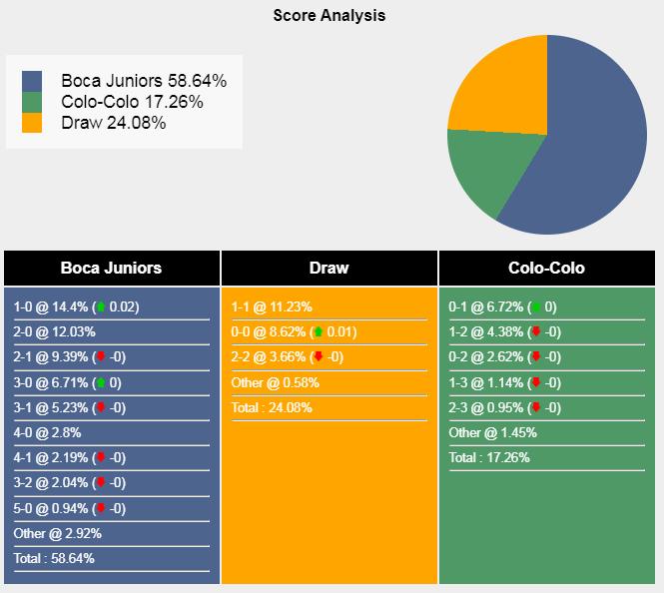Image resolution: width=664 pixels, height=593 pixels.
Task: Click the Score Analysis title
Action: (x=330, y=16)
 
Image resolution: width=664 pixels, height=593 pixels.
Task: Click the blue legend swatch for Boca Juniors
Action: (x=32, y=81)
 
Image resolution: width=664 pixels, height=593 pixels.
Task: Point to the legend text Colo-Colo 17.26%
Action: (x=132, y=102)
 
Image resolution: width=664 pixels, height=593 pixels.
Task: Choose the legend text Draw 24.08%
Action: (x=113, y=123)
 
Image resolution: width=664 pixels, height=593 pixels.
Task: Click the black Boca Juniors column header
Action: (x=111, y=268)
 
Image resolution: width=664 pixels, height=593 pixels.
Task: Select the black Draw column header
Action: (x=330, y=268)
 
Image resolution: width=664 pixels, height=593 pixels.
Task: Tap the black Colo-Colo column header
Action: (x=546, y=268)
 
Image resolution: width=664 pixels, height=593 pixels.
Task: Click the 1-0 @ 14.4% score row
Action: (x=76, y=307)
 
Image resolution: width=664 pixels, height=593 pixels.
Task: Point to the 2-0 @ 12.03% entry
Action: (x=54, y=332)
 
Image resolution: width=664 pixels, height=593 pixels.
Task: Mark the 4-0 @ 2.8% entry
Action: (x=47, y=432)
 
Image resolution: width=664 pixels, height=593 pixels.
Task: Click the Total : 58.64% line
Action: (x=54, y=558)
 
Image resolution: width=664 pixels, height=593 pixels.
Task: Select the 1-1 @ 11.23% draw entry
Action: (x=272, y=307)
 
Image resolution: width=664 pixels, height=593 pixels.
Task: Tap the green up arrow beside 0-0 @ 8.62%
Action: (x=318, y=332)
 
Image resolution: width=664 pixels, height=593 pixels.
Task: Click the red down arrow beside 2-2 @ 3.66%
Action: (x=318, y=357)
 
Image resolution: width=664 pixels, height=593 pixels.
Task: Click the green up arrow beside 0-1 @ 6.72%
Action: (x=535, y=307)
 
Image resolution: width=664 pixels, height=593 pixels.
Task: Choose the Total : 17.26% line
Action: (x=489, y=457)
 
